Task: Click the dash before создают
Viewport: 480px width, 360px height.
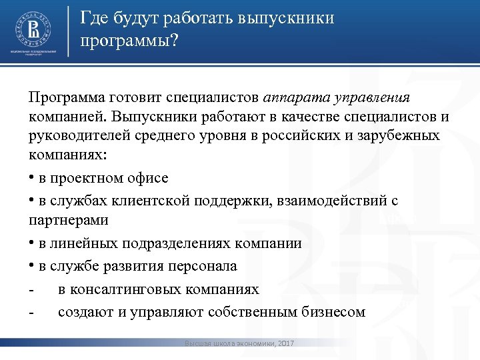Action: pyautogui.click(x=31, y=312)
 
